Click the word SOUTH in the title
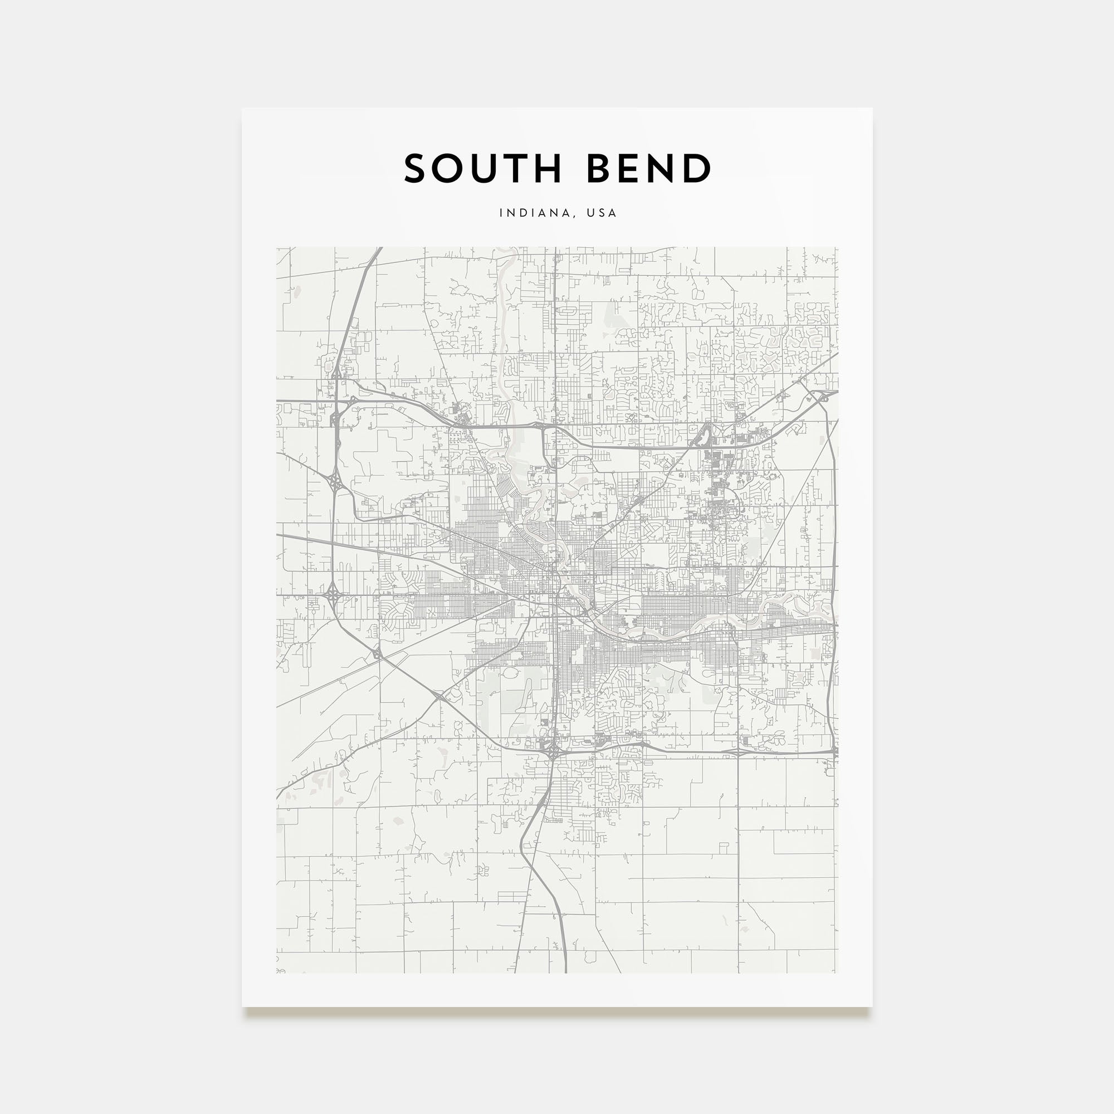483,169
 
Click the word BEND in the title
649,169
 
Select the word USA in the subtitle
602,213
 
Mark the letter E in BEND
630,169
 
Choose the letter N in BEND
662,169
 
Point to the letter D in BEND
698,169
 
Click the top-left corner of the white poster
242,109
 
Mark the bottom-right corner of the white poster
872,1006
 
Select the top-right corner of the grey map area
838,248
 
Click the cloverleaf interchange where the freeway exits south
553,751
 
